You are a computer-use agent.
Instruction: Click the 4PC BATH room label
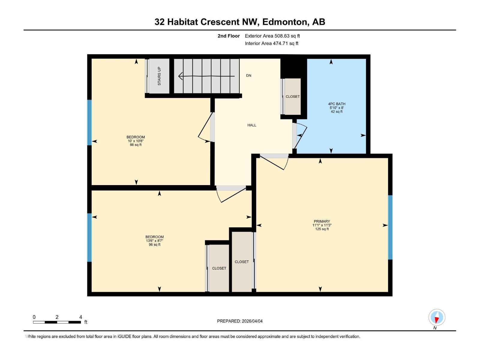coord(337,104)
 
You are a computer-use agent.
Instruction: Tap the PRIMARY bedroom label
coord(322,221)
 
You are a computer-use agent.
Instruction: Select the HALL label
coord(252,125)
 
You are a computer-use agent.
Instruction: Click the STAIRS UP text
coord(159,76)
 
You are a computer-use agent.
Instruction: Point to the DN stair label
coord(249,76)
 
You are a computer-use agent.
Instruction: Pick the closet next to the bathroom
coord(292,97)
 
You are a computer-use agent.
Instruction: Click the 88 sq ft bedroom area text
coord(136,145)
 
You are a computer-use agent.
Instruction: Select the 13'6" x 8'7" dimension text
coord(154,241)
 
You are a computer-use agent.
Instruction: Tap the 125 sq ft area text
coord(322,229)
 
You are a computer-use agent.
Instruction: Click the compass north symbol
coord(437,317)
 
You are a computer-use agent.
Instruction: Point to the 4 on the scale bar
coord(81,317)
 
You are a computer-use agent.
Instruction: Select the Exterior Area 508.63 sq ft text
coord(272,36)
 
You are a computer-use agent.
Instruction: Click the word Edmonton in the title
coord(285,22)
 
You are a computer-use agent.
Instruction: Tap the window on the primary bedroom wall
coord(390,227)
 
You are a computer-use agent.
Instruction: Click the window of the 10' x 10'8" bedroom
coord(89,122)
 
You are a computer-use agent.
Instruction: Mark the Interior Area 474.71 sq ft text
coord(271,43)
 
